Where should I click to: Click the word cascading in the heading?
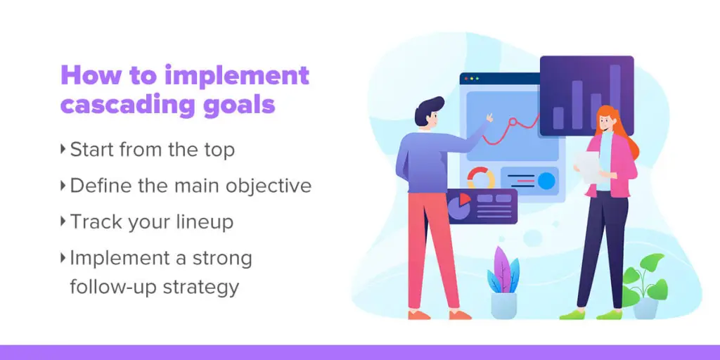tap(123, 104)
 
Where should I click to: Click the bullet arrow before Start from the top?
tap(63, 149)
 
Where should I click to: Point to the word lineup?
tap(205, 222)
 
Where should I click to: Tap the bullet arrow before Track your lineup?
tap(63, 221)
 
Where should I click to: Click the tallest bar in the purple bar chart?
tap(615, 96)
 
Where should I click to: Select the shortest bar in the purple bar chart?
tap(558, 118)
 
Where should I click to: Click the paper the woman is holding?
tap(589, 167)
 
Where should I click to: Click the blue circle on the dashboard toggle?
tap(546, 181)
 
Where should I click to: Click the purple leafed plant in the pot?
tap(502, 271)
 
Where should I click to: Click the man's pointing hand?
tap(489, 118)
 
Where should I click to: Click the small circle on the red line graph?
tap(512, 122)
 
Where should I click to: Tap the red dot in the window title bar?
tap(467, 79)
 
